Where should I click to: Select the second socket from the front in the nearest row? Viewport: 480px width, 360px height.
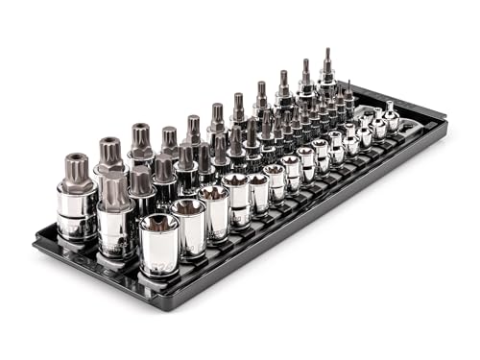tap(188, 226)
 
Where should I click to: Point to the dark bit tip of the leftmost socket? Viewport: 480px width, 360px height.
tap(76, 165)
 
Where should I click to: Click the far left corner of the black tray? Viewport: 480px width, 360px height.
tap(35, 248)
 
